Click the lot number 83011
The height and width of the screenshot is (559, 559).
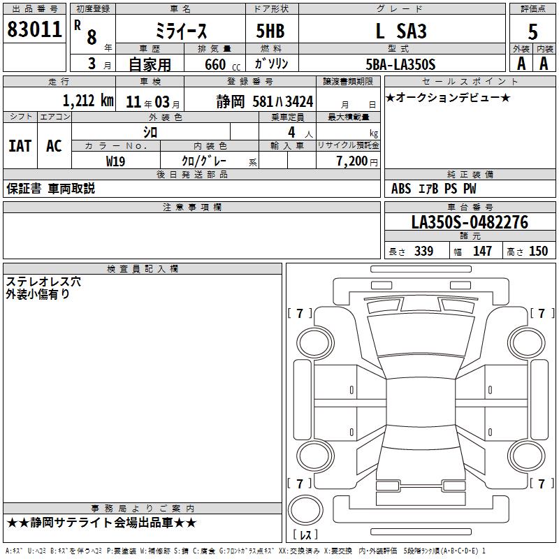click(34, 29)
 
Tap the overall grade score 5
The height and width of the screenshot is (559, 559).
click(532, 31)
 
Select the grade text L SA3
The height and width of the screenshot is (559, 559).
click(401, 31)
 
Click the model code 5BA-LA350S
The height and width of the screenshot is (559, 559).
click(400, 64)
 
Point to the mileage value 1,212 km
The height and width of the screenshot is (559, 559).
click(88, 101)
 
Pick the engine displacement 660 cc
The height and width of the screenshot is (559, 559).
click(222, 65)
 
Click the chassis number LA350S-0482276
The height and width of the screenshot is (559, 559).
click(470, 222)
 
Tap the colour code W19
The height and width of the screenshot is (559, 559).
click(115, 161)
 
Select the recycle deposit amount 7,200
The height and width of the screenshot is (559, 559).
click(351, 161)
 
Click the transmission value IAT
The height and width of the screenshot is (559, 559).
click(20, 146)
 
